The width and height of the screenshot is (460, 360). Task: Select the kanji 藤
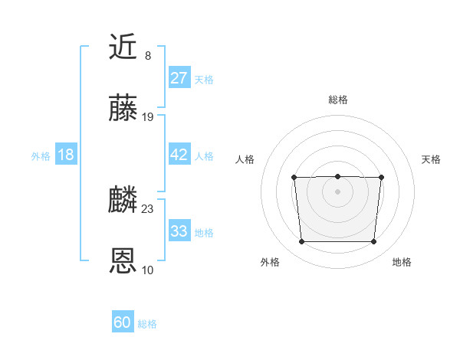123,109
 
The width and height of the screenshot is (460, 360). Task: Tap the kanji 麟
123,200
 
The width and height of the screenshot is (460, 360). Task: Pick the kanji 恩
123,261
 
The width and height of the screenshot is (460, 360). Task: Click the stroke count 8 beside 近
147,56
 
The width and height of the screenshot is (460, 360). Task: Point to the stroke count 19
148,117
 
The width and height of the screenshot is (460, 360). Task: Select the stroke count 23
148,208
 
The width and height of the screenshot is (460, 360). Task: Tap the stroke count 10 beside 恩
148,270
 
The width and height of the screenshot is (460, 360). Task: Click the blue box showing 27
179,78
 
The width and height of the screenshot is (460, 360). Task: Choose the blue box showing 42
179,155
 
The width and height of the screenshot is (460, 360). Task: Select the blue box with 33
179,231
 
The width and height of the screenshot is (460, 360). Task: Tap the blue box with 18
66,155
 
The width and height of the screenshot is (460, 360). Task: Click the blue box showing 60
123,322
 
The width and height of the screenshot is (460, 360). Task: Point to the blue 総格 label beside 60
147,324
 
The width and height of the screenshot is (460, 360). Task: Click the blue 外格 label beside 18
41,156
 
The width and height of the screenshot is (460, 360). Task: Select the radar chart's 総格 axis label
337,100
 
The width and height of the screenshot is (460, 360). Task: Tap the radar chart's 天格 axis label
431,159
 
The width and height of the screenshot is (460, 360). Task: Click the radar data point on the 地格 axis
373,242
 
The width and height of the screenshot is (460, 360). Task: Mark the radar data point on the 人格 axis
294,178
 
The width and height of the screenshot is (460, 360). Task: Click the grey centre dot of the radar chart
337,191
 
